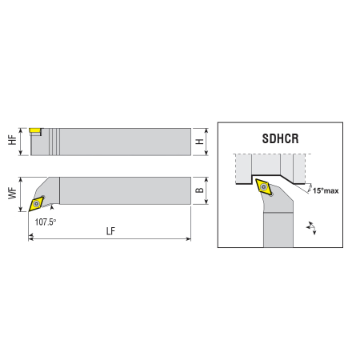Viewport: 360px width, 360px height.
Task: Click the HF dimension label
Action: pos(12,140)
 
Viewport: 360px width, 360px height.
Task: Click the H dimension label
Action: pos(199,142)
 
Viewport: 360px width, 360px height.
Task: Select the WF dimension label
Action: pos(12,193)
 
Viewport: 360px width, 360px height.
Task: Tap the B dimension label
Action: pos(199,190)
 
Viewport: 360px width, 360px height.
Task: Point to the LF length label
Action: pos(110,231)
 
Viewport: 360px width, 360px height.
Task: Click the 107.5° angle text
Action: pos(46,222)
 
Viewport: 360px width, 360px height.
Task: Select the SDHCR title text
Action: pos(280,138)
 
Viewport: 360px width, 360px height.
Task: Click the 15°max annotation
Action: pos(326,190)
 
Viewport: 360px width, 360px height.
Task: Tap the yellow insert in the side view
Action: pos(35,130)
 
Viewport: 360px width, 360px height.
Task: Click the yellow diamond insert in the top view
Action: pos(36,204)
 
